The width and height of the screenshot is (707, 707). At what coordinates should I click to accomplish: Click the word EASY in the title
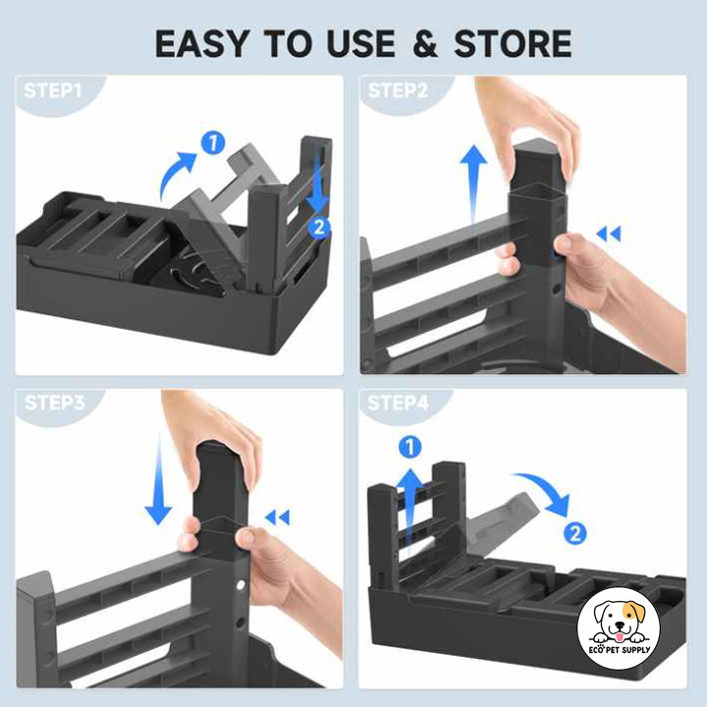(x=201, y=44)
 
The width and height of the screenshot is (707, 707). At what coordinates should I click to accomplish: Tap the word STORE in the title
(x=513, y=44)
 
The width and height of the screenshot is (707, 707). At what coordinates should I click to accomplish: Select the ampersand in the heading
(x=424, y=44)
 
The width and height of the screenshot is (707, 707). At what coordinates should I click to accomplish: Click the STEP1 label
(x=53, y=90)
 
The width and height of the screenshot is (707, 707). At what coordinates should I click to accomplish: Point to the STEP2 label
(x=398, y=90)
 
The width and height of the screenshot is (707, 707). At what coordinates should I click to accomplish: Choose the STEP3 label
(x=55, y=403)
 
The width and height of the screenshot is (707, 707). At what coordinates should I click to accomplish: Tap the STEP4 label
(x=398, y=403)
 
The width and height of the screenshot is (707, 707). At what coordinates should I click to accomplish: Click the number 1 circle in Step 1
(x=213, y=143)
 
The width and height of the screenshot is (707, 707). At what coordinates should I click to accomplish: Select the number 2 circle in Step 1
(x=319, y=227)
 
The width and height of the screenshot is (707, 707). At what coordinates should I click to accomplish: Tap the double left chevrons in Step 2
(x=608, y=234)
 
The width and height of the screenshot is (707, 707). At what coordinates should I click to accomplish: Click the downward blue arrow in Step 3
(x=158, y=480)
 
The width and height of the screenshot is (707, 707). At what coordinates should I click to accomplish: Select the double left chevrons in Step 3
(x=277, y=517)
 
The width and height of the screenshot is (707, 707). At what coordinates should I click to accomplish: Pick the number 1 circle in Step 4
(x=409, y=448)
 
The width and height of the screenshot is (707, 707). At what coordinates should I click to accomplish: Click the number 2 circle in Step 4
(x=574, y=534)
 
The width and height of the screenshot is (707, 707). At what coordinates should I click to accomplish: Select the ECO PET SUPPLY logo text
(x=619, y=650)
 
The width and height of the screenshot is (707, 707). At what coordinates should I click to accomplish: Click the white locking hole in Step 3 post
(x=241, y=585)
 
